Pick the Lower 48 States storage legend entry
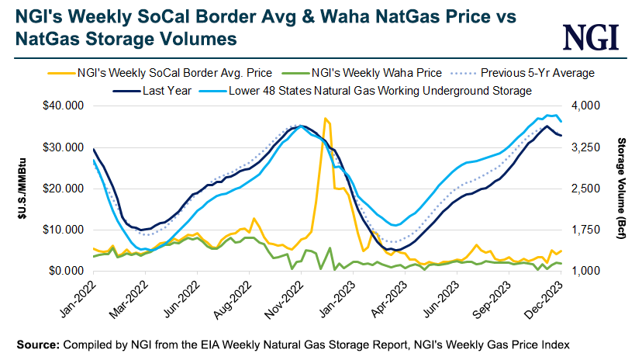click(379, 90)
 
